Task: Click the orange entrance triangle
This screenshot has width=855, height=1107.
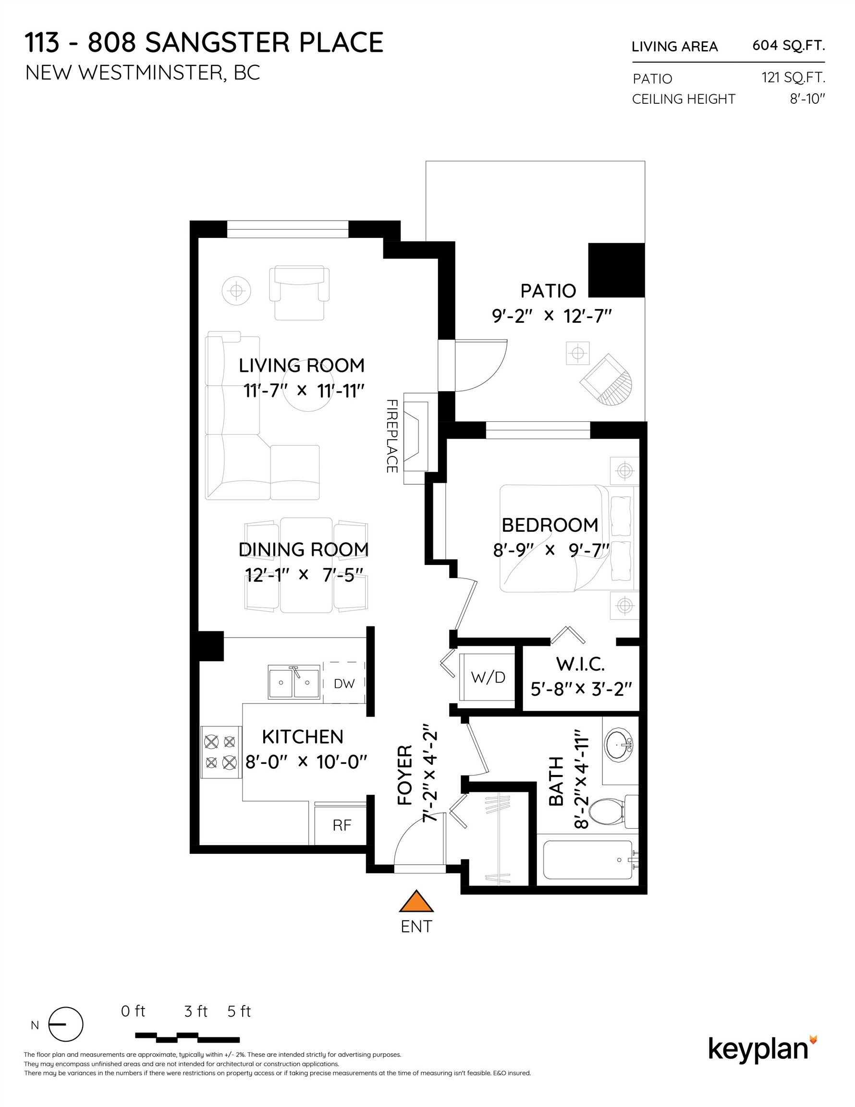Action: coord(416,903)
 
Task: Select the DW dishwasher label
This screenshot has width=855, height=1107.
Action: coord(344,683)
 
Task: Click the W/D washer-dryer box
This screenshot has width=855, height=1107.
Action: coord(487,677)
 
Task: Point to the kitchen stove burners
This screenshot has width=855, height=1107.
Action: coord(221,752)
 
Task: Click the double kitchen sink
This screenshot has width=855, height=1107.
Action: coord(294,682)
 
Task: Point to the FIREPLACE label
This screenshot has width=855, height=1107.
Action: coord(391,436)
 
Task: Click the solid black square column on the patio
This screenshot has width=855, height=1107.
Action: coord(616,270)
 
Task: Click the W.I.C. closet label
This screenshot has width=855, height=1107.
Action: coord(580,664)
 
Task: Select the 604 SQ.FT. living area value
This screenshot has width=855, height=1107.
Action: coord(789,46)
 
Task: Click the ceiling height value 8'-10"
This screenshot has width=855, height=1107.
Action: coord(808,99)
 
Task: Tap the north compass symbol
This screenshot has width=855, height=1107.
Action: coord(65,1024)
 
